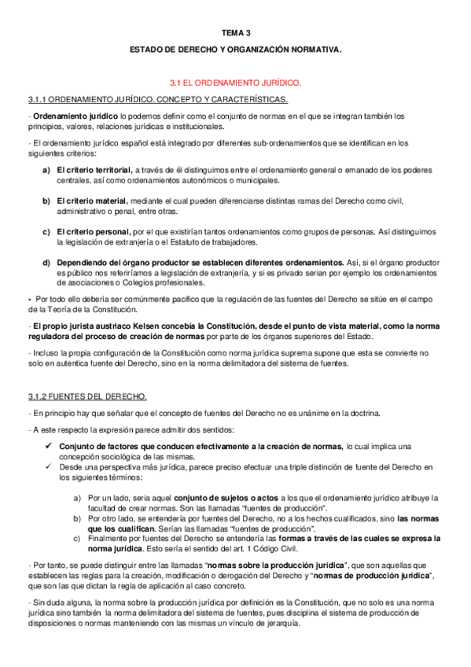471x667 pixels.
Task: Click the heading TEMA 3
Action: [x=236, y=33]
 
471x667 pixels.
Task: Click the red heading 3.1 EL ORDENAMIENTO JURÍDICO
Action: [x=236, y=82]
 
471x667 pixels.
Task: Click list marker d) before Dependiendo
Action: [x=46, y=262]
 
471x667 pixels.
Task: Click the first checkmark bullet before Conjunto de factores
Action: [x=48, y=446]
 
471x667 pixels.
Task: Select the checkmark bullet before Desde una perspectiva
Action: [x=48, y=467]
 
